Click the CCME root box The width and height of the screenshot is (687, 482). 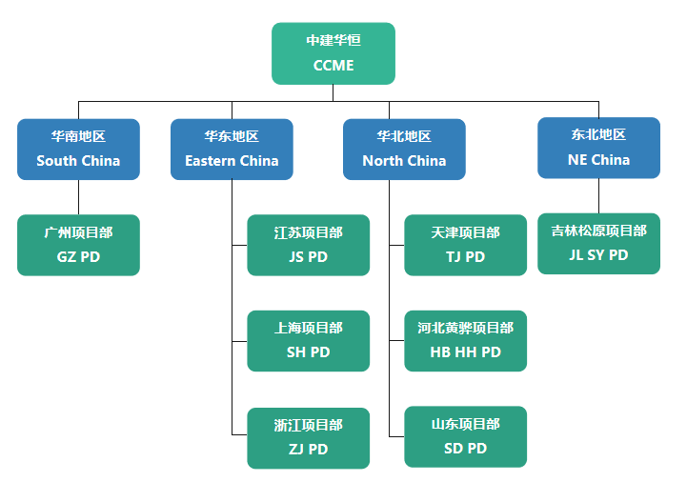pyautogui.click(x=333, y=53)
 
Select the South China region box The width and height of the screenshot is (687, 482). pyautogui.click(x=78, y=149)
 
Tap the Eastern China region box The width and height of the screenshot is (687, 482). pyautogui.click(x=232, y=149)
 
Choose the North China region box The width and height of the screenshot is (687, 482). pyautogui.click(x=404, y=149)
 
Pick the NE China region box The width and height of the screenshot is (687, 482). pyautogui.click(x=598, y=148)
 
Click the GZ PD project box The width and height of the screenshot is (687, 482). pyautogui.click(x=78, y=245)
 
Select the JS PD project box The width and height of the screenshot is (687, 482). pyautogui.click(x=308, y=245)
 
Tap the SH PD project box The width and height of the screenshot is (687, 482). pyautogui.click(x=308, y=340)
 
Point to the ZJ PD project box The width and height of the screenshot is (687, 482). pyautogui.click(x=308, y=437)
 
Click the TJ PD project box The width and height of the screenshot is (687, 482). pyautogui.click(x=465, y=245)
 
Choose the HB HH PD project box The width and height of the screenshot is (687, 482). pyautogui.click(x=465, y=340)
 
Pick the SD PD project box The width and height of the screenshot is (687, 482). pyautogui.click(x=465, y=436)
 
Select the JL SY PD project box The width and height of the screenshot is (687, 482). pyautogui.click(x=598, y=243)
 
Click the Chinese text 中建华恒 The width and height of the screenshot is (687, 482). pyautogui.click(x=333, y=40)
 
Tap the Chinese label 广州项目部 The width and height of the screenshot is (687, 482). pyautogui.click(x=78, y=232)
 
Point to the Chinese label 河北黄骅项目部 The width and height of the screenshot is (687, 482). pyautogui.click(x=465, y=328)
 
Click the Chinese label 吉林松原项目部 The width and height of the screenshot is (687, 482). pyautogui.click(x=598, y=231)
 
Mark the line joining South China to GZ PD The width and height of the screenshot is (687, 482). pyautogui.click(x=78, y=197)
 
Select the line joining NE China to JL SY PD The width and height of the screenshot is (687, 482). pyautogui.click(x=598, y=195)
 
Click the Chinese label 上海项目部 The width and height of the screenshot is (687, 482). pyautogui.click(x=308, y=328)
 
